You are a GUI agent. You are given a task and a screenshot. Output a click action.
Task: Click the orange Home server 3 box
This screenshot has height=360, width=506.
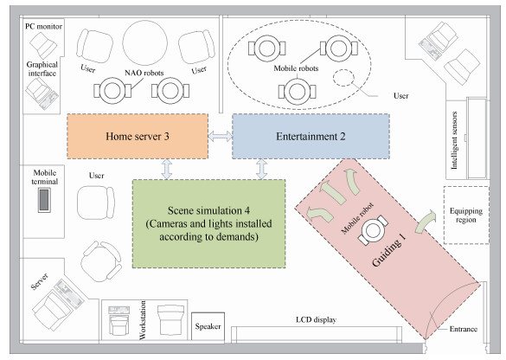tap(138, 136)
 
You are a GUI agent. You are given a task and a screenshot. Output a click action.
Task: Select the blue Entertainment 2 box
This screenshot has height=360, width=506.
tap(311, 136)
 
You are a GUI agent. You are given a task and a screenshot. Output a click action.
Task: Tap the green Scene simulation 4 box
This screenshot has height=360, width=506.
tap(208, 224)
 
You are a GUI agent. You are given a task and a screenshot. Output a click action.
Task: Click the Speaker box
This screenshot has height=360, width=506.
tap(208, 326)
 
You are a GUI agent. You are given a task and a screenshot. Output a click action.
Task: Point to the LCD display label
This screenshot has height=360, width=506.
tap(316, 319)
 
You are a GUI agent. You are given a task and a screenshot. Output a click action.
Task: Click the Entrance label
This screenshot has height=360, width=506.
tap(464, 329)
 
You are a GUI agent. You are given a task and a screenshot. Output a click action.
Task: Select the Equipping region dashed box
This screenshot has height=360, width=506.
tap(466, 215)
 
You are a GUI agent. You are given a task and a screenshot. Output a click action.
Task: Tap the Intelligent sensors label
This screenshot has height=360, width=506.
tap(454, 140)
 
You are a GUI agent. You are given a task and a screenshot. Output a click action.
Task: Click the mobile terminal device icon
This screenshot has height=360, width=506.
tap(44, 200)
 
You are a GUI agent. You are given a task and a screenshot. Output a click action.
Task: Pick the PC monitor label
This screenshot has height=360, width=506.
tap(43, 26)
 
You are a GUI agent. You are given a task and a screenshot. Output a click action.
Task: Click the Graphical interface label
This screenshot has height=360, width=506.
tap(42, 68)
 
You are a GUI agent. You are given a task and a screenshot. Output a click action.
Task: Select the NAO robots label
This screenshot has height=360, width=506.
tap(144, 73)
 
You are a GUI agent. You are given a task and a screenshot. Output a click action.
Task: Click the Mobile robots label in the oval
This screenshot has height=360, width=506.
tap(296, 68)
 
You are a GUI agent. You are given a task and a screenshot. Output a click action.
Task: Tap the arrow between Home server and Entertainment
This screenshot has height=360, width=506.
tap(220, 136)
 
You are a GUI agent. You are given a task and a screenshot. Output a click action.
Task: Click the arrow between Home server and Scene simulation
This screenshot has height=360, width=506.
tap(167, 169)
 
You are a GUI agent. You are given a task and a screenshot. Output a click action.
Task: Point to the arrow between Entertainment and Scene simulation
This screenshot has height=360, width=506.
tap(262, 169)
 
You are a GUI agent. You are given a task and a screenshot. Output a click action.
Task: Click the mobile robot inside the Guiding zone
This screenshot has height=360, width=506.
tap(373, 230)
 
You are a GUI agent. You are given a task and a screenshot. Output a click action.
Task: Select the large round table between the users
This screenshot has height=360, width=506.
tap(145, 42)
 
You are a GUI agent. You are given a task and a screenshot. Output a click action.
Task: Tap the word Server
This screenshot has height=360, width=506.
tap(40, 281)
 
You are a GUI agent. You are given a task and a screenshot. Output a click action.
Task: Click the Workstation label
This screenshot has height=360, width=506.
tap(143, 320)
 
